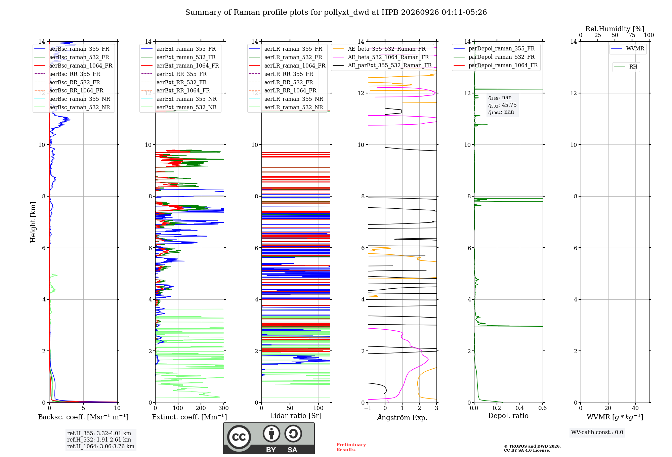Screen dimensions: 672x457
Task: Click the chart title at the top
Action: [x=336, y=12]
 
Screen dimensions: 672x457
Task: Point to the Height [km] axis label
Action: [x=33, y=222]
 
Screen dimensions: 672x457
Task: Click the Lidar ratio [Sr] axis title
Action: [x=296, y=416]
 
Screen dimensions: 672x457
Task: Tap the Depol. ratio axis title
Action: [x=508, y=416]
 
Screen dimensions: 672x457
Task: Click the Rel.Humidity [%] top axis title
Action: [x=615, y=29]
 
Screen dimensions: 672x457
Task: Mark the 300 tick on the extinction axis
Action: [x=224, y=408]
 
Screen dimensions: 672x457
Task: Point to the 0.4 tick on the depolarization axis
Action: [x=520, y=408]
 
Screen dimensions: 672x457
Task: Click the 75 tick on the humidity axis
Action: [x=632, y=35]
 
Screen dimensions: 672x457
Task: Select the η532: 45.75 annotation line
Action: [x=502, y=105]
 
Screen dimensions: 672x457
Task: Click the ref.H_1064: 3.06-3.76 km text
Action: [x=101, y=446]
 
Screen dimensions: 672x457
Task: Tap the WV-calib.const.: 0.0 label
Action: [x=597, y=432]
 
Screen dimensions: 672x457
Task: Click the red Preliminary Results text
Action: [x=351, y=447]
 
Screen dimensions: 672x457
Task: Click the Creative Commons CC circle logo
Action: [x=239, y=437]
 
